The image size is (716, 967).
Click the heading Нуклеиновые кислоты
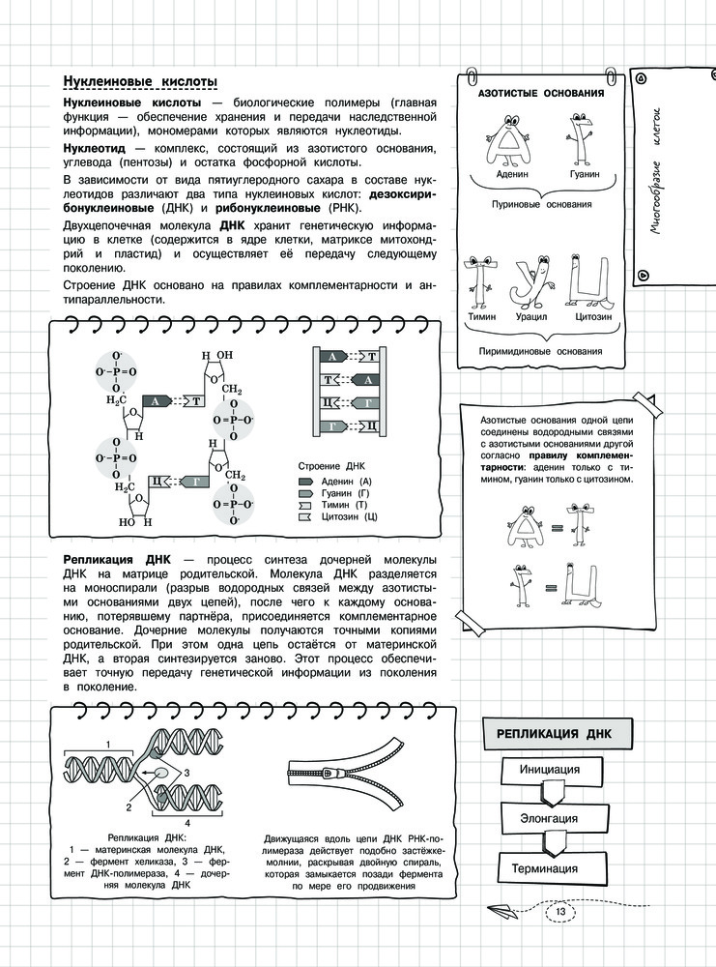click(139, 80)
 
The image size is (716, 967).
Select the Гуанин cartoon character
click(581, 133)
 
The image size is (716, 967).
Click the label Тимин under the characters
click(482, 316)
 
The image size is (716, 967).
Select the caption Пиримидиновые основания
click(540, 352)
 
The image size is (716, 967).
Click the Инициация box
click(549, 770)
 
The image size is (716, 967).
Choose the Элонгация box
click(549, 819)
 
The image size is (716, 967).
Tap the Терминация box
click(549, 868)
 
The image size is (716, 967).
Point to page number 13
click(560, 912)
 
